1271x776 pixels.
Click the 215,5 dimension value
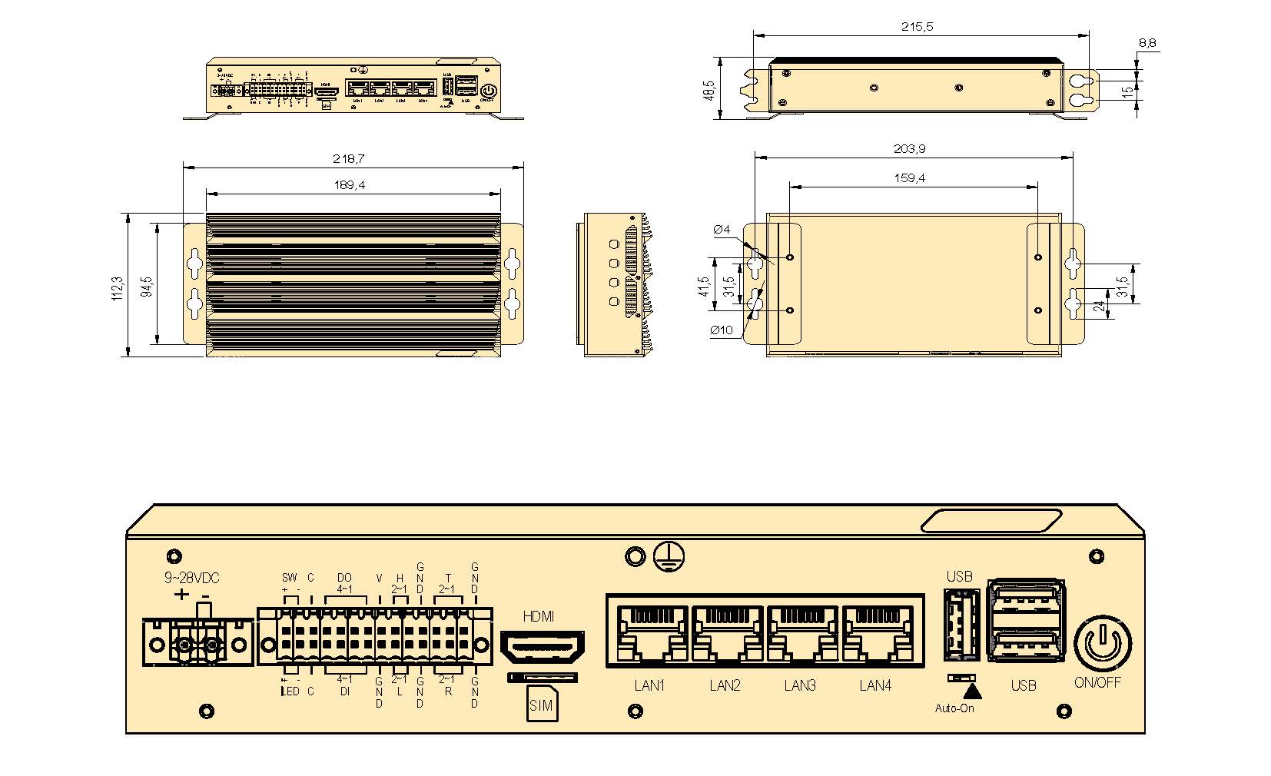(x=917, y=27)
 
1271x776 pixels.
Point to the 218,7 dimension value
(x=349, y=159)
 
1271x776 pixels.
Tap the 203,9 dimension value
(x=909, y=149)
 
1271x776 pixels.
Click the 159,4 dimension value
(x=910, y=178)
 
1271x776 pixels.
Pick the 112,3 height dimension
(x=118, y=288)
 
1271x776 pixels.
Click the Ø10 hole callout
(x=722, y=330)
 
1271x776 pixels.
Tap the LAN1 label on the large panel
(x=649, y=685)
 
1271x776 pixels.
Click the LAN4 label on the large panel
(x=875, y=685)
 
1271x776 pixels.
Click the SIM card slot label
(x=541, y=706)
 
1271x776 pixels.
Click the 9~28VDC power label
(x=191, y=578)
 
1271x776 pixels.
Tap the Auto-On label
(x=954, y=708)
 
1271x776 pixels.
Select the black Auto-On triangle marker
(x=972, y=690)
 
